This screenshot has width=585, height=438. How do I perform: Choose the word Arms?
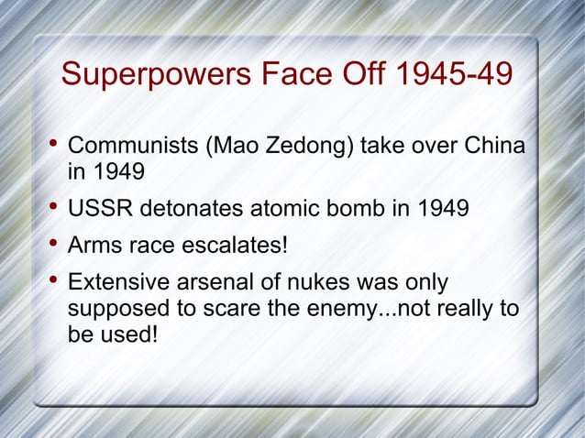click(94, 246)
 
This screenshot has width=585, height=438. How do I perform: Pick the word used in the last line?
click(129, 334)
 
